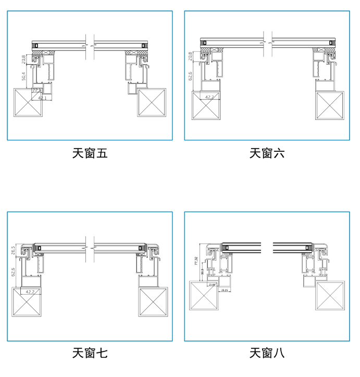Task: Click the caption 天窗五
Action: (x=90, y=153)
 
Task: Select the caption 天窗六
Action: (x=267, y=153)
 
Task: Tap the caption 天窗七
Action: (x=90, y=353)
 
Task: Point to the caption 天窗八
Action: (x=267, y=353)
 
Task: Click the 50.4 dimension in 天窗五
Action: (x=24, y=76)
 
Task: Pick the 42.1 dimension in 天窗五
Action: (x=42, y=98)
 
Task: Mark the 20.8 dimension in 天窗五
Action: (x=24, y=59)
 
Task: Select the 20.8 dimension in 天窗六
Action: (x=191, y=56)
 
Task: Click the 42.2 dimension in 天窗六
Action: (x=209, y=97)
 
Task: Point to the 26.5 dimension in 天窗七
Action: (x=13, y=250)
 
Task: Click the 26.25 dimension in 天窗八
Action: (x=225, y=289)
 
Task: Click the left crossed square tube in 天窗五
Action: (x=28, y=103)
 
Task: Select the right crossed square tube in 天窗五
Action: (x=152, y=102)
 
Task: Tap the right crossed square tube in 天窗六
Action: (x=330, y=106)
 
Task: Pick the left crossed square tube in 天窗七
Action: (x=26, y=302)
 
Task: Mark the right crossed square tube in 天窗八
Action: (x=330, y=296)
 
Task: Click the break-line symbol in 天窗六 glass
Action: (x=267, y=42)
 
